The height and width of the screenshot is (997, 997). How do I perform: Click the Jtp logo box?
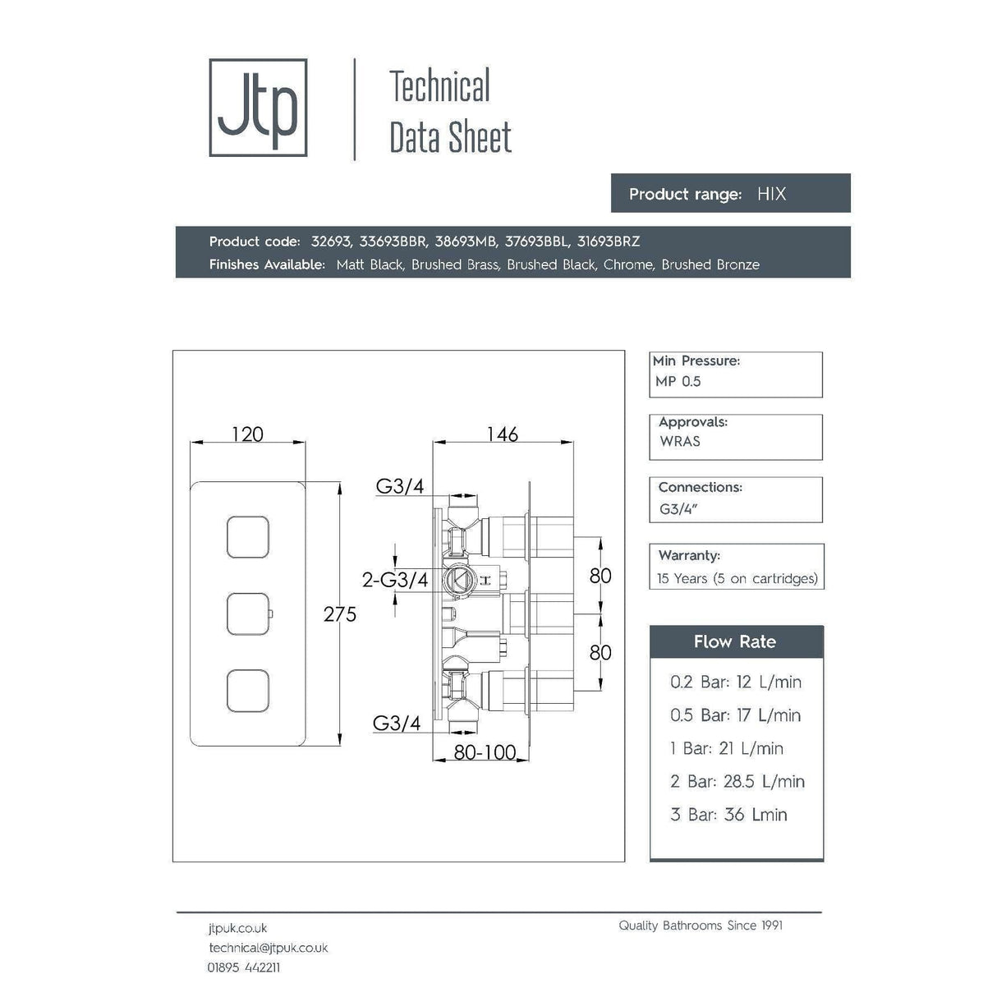[x=258, y=108]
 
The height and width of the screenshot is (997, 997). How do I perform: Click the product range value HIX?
[x=771, y=194]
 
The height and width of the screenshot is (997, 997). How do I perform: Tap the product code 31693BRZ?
[x=608, y=241]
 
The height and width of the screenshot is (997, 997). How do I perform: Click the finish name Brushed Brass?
[x=455, y=264]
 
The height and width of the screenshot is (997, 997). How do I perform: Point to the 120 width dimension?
[x=247, y=434]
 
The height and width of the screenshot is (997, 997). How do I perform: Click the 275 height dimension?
[x=340, y=613]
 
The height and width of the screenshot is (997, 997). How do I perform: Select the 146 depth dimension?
[x=502, y=434]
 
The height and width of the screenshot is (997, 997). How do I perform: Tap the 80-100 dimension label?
[x=485, y=752]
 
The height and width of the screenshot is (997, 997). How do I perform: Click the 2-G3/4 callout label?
[x=395, y=580]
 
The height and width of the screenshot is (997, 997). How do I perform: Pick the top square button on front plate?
[x=248, y=538]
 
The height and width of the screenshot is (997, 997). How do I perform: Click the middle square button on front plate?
[x=248, y=613]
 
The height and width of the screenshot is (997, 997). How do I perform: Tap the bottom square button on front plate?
[x=248, y=690]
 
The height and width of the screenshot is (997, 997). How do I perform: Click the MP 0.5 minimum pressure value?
[x=678, y=381]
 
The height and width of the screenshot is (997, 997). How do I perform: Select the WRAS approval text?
[x=680, y=441]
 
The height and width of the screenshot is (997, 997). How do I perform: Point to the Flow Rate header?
[x=735, y=641]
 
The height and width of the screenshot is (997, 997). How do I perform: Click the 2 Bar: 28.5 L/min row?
[x=737, y=781]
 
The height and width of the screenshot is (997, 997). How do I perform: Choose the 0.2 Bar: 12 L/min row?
[x=735, y=682]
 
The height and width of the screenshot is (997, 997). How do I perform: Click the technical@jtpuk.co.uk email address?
[x=269, y=948]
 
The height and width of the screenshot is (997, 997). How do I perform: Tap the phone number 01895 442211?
[x=244, y=967]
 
